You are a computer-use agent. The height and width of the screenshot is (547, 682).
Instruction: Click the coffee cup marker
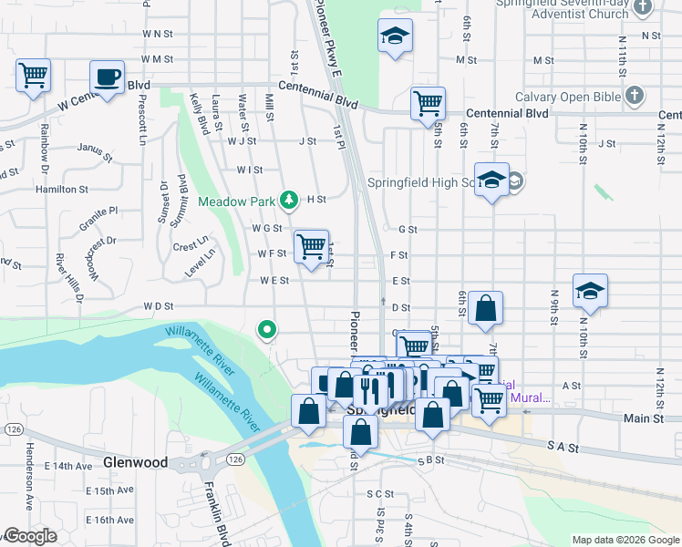click(107, 77)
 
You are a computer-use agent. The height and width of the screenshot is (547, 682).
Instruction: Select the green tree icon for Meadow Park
click(289, 199)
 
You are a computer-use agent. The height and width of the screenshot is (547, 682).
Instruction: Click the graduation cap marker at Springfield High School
click(491, 180)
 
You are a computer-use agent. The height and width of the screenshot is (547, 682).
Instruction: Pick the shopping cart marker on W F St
click(311, 245)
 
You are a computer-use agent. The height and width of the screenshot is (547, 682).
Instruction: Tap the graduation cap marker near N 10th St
click(590, 291)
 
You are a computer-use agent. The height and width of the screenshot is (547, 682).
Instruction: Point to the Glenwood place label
click(135, 462)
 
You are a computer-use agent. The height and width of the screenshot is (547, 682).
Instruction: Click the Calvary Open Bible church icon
click(635, 95)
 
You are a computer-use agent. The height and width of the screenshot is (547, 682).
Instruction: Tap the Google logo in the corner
click(29, 536)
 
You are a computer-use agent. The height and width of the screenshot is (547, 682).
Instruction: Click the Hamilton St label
click(61, 189)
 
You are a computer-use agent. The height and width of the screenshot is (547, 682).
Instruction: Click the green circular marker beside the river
click(266, 329)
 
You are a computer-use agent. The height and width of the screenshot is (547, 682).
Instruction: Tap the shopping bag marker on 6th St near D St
click(486, 309)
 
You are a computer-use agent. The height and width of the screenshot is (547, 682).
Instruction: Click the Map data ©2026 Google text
click(625, 539)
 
